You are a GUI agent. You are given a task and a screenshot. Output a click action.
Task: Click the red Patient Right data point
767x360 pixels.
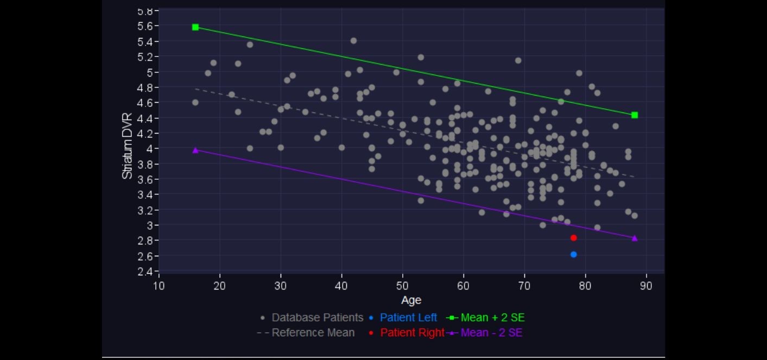pyautogui.click(x=574, y=238)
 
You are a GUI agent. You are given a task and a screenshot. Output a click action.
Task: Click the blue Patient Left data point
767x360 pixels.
pyautogui.click(x=574, y=255)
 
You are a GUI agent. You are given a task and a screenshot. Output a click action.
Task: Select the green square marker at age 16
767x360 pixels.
pyautogui.click(x=195, y=27)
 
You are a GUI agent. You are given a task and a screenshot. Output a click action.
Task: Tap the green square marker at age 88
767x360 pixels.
pyautogui.click(x=635, y=115)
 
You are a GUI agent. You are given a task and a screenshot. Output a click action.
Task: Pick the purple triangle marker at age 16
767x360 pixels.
pyautogui.click(x=195, y=150)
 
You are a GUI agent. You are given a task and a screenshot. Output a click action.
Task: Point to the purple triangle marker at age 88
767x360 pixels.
pyautogui.click(x=635, y=238)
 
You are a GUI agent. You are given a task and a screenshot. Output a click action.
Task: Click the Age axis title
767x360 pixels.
pyautogui.click(x=411, y=300)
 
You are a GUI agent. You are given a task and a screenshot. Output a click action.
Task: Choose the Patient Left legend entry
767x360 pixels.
pyautogui.click(x=408, y=318)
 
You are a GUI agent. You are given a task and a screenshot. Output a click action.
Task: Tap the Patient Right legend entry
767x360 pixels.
pyautogui.click(x=412, y=333)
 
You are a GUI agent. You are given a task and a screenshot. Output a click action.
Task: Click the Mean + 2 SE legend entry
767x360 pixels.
pyautogui.click(x=492, y=318)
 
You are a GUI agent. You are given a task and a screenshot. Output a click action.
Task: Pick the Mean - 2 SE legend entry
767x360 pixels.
pyautogui.click(x=491, y=333)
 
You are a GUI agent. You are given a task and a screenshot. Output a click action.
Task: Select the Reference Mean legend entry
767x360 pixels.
pyautogui.click(x=313, y=333)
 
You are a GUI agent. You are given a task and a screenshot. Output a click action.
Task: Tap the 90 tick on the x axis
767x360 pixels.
pyautogui.click(x=646, y=285)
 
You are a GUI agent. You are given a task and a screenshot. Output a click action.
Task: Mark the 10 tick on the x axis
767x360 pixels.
pyautogui.click(x=159, y=285)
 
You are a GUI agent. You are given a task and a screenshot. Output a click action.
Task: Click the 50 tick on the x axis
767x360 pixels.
pyautogui.click(x=402, y=285)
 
